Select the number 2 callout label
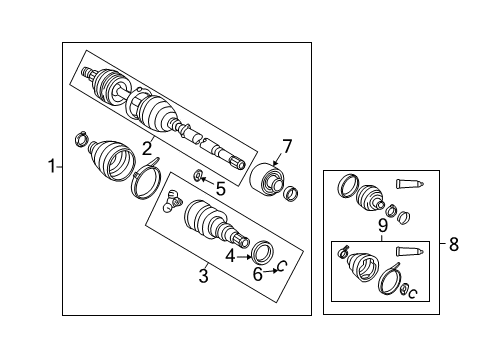click(146, 150)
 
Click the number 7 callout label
click(286, 148)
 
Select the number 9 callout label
click(381, 226)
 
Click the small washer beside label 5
click(199, 178)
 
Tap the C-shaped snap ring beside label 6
click(281, 265)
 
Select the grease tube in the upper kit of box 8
click(411, 183)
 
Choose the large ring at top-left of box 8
click(349, 184)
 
